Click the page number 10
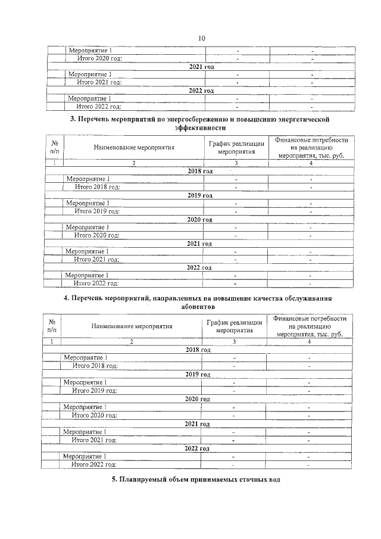(201, 38)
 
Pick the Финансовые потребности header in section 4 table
(310, 319)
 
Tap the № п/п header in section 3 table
(55, 147)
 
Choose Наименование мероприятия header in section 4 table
(132, 326)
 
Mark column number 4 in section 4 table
(309, 342)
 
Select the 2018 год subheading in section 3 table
(200, 171)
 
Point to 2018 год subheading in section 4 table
(198, 350)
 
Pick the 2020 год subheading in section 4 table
(198, 398)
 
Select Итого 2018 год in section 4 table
(95, 366)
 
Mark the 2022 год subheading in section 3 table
(199, 268)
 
